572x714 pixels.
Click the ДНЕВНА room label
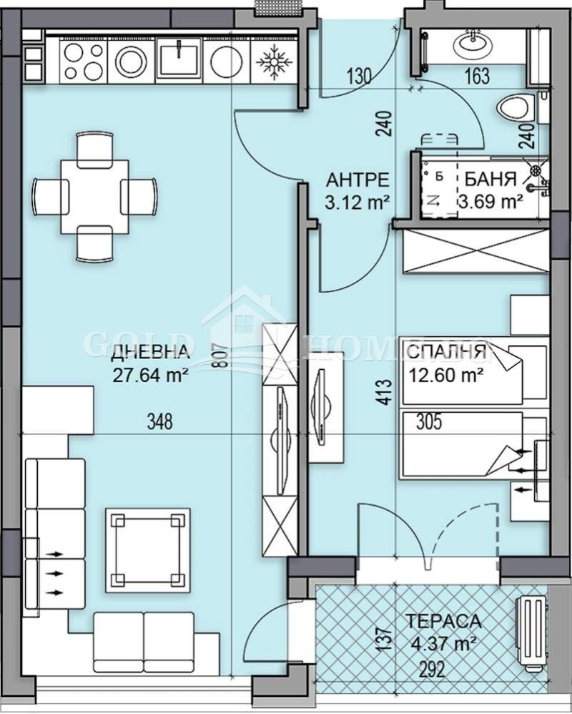click(x=150, y=351)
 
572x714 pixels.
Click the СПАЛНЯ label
click(x=446, y=351)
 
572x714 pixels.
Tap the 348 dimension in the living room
click(x=159, y=422)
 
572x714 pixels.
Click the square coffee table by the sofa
click(x=148, y=550)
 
